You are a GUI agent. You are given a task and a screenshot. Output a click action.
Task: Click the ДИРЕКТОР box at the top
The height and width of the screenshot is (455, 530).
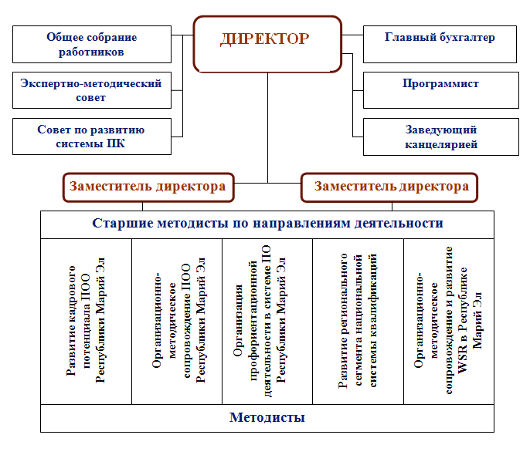[267, 44]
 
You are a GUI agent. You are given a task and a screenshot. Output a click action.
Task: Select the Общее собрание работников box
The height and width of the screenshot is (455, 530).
[92, 44]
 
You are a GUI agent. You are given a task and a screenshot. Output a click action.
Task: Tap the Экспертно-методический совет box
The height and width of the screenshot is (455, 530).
[92, 90]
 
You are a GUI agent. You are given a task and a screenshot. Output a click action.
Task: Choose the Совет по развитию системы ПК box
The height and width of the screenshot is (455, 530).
[92, 136]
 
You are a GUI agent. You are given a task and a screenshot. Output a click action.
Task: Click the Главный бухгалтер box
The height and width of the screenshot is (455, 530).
[440, 44]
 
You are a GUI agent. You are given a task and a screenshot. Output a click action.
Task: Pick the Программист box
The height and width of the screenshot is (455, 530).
[441, 90]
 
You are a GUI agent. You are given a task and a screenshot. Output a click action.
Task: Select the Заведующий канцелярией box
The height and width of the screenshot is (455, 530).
[441, 136]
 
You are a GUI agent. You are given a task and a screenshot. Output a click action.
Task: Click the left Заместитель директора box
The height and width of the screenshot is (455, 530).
[148, 187]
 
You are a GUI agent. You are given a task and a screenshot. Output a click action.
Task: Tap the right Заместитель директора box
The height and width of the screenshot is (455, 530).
[389, 187]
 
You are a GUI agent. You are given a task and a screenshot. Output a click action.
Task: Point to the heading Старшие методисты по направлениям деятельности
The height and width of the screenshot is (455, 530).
[267, 224]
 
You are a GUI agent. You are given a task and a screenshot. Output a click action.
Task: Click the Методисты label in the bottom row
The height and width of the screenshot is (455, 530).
[267, 417]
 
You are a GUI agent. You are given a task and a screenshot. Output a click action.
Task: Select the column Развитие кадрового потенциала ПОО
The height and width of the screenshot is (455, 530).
[86, 322]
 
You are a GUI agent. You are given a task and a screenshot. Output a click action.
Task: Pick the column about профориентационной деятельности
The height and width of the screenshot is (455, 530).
[267, 322]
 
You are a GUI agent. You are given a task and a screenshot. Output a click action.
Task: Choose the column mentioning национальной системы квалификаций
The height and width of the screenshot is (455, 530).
[358, 322]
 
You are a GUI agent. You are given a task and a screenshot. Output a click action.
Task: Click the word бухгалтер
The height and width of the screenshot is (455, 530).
[467, 38]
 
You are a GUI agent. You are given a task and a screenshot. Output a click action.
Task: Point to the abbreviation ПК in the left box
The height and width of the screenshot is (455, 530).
[116, 143]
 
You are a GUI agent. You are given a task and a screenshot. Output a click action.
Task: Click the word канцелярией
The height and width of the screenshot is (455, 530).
[441, 145]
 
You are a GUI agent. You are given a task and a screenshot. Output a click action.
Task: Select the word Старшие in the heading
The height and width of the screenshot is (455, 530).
[123, 224]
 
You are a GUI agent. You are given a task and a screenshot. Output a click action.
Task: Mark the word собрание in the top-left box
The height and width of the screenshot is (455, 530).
[114, 38]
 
